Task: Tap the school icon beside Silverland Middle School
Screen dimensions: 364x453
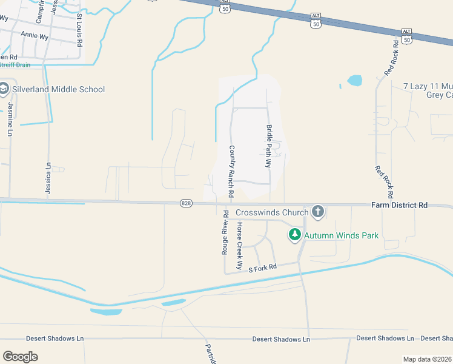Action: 4,89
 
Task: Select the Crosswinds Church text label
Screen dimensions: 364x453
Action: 271,212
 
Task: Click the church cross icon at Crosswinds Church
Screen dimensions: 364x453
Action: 317,212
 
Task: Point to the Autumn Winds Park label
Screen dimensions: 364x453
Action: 341,235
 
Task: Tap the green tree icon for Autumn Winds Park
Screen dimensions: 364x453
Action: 295,235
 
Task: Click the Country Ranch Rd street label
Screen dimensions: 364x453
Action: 231,172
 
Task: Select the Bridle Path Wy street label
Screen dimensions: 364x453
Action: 269,146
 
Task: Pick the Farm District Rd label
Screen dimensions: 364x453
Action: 399,206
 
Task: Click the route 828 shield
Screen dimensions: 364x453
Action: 186,203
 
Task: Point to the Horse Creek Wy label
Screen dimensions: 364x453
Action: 239,246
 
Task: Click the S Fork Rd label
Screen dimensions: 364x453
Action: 262,267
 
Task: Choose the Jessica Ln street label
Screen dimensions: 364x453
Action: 48,178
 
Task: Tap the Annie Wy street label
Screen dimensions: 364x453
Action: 35,36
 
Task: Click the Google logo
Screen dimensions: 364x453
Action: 20,356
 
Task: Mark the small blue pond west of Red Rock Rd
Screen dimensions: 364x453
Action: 354,80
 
